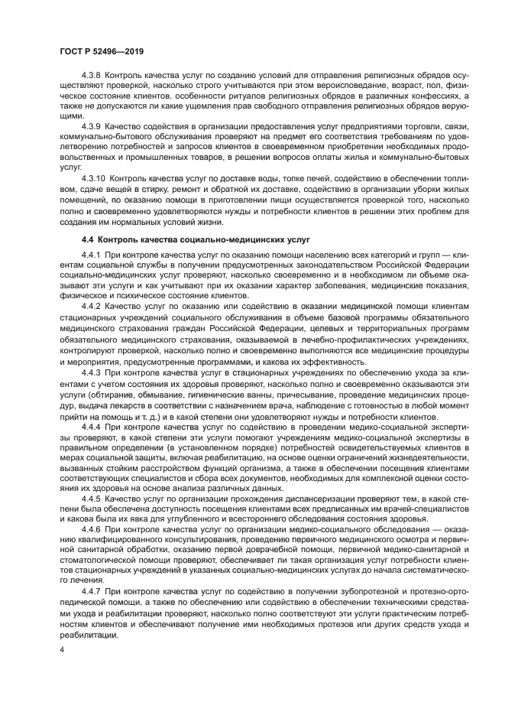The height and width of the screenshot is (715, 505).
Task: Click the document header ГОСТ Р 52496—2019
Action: tap(102, 50)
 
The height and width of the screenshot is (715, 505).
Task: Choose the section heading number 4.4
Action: tap(88, 239)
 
